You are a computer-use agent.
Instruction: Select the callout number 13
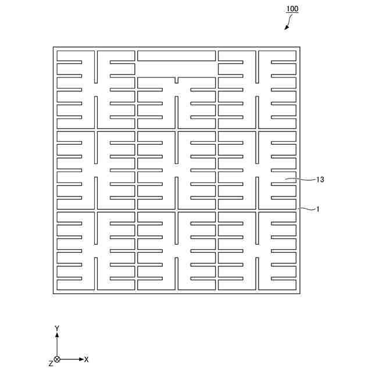[320, 180]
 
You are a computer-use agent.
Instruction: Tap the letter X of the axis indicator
[87, 360]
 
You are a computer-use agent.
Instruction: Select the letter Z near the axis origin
[50, 363]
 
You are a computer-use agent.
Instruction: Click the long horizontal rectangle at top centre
[176, 56]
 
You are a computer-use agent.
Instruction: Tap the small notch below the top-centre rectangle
[176, 80]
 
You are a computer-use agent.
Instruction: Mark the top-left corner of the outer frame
[53, 47]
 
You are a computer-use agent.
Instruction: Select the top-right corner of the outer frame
[300, 47]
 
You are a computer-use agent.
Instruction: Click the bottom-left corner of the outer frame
[53, 294]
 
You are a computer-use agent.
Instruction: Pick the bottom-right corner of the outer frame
[300, 294]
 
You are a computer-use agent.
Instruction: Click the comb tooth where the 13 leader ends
[284, 181]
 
